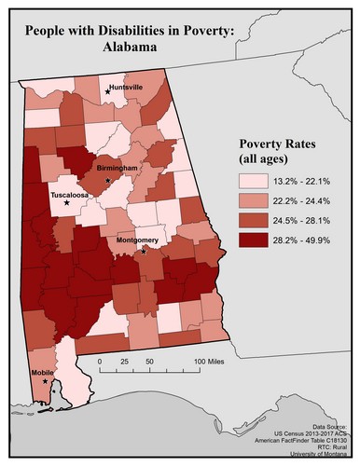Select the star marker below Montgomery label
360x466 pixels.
point(143,251)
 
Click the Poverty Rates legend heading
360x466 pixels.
point(278,146)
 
